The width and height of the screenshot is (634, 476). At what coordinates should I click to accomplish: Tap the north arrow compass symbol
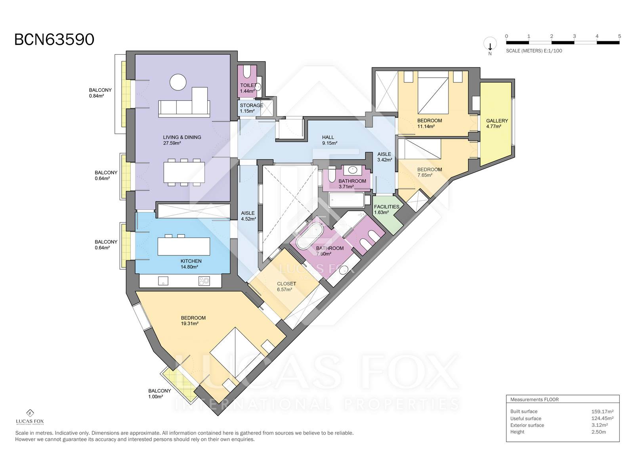pos(490,45)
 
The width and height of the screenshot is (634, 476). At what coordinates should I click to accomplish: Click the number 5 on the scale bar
pos(619,36)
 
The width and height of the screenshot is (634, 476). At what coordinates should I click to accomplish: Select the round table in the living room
pos(178,83)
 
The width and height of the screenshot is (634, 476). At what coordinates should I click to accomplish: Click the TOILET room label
pos(248,85)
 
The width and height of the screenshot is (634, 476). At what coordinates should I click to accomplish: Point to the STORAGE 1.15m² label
pos(251,108)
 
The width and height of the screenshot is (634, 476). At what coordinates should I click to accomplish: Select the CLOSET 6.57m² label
pos(286,287)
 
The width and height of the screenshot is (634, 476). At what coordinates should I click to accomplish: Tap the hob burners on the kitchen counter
pos(204,281)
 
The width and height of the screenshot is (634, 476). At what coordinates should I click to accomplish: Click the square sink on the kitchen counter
pos(163,281)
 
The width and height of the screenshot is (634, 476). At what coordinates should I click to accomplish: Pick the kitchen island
pos(184,246)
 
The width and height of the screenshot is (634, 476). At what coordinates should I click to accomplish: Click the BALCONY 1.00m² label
pos(159,393)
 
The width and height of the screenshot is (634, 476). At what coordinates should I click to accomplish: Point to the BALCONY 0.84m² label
pos(100,93)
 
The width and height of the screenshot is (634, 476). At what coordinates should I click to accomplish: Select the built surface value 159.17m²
pos(602,411)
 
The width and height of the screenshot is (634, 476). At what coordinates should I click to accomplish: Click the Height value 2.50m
pos(598,432)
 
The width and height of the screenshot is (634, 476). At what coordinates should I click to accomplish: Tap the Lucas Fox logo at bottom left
pos(30,417)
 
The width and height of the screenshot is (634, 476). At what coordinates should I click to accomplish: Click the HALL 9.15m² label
pos(330,140)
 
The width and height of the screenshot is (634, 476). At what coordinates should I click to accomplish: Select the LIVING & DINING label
pos(182,137)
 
